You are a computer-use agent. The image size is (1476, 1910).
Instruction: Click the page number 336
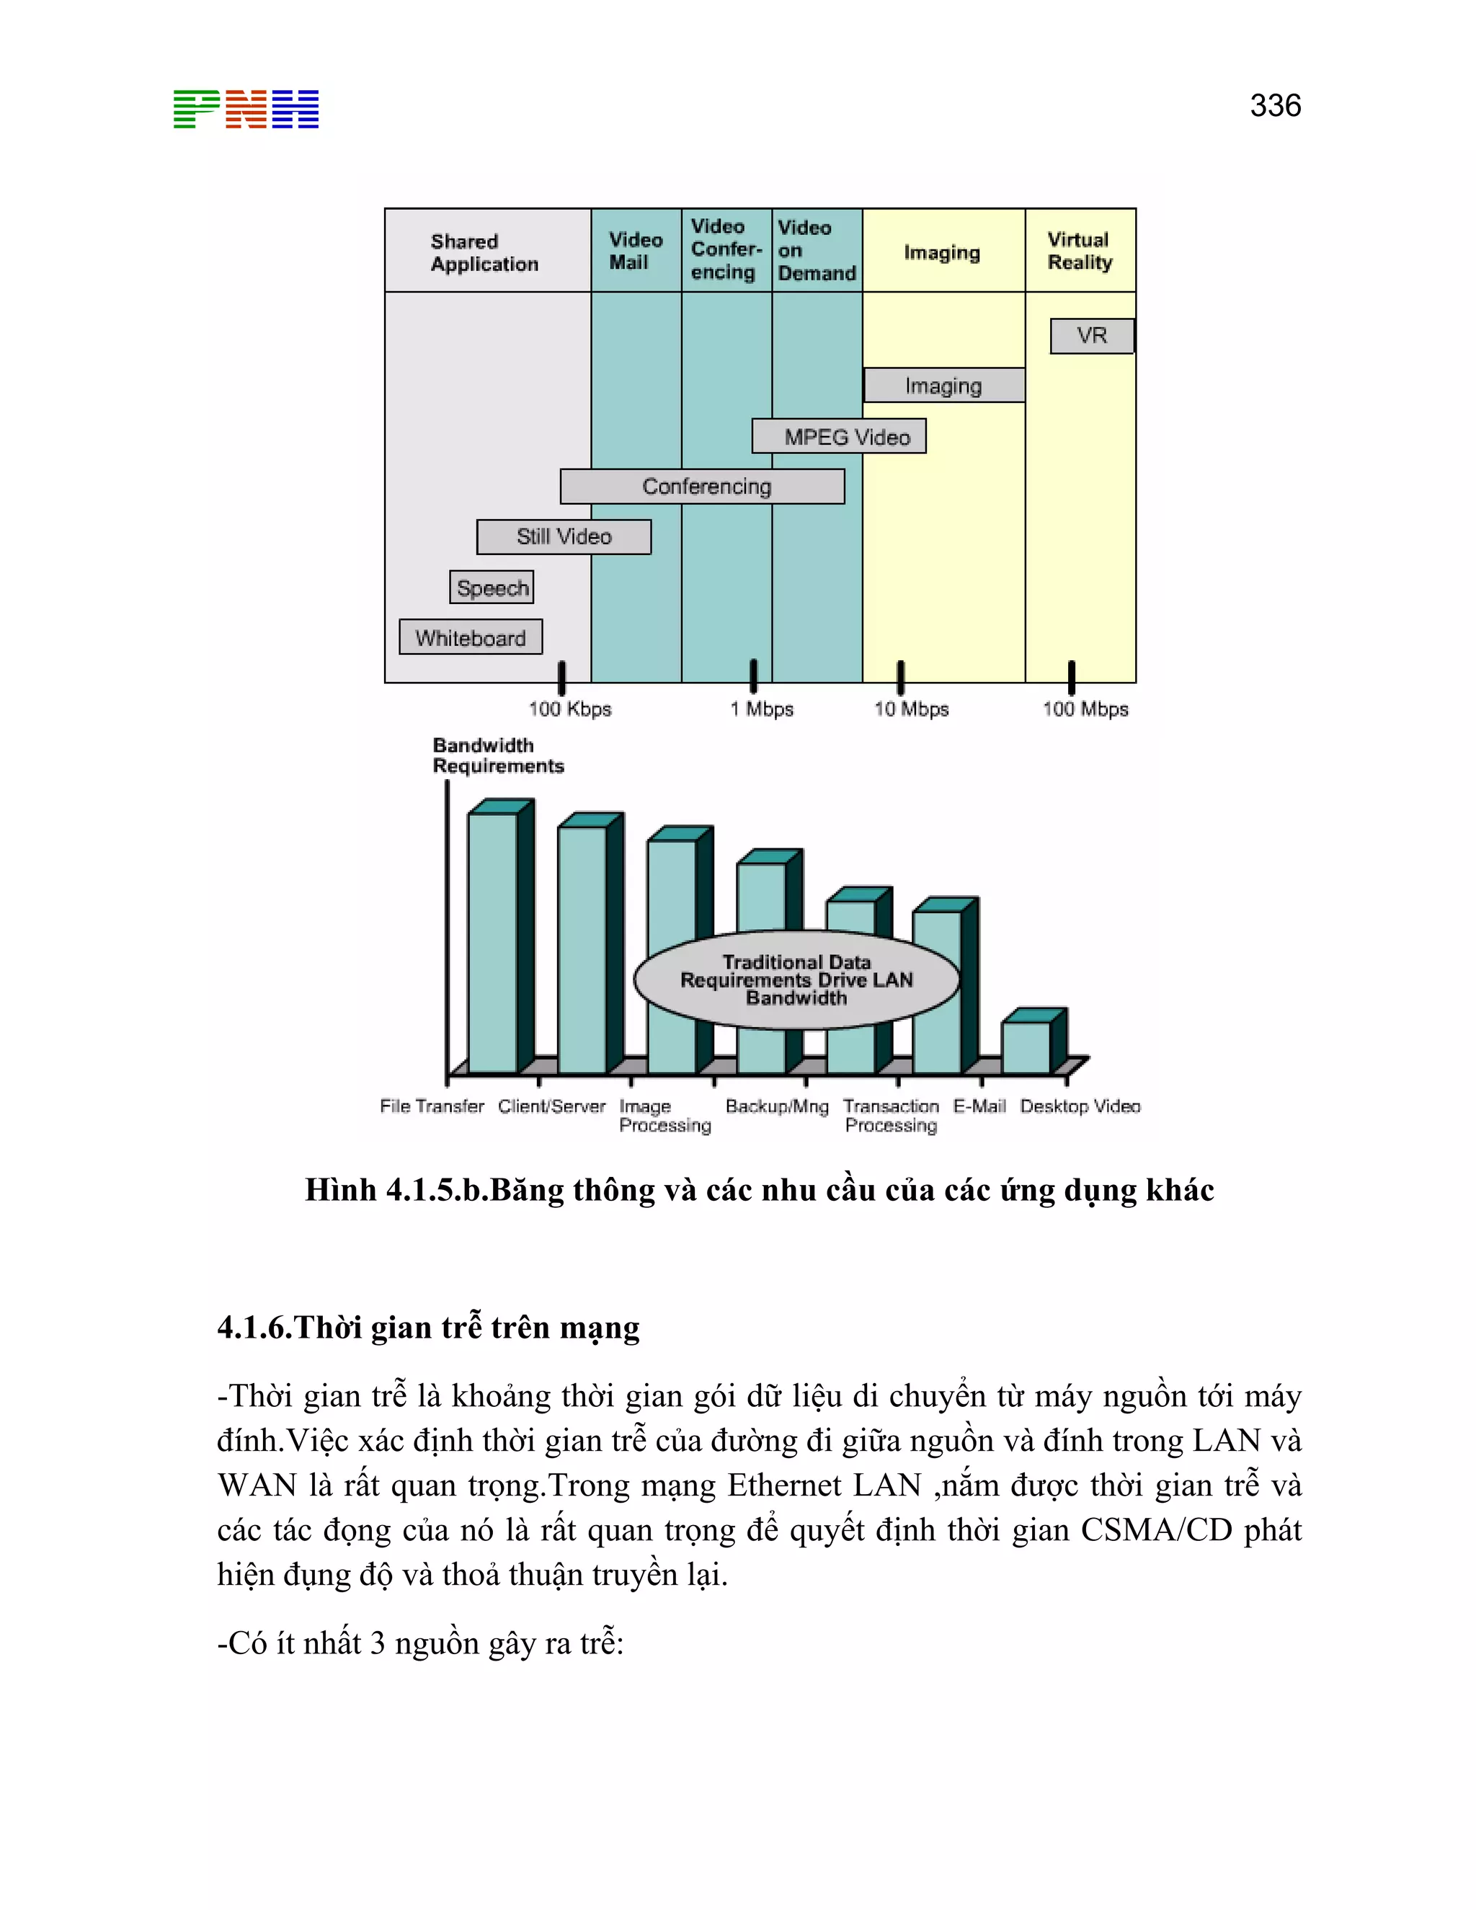pyautogui.click(x=1275, y=106)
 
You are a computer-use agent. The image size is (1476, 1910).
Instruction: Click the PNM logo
pyautogui.click(x=246, y=110)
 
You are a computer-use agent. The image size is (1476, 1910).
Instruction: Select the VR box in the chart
pyautogui.click(x=1091, y=336)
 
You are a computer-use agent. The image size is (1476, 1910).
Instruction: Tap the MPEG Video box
pyautogui.click(x=839, y=436)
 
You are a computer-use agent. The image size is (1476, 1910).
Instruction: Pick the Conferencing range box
pyautogui.click(x=702, y=487)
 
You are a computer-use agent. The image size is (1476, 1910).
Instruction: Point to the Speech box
pyautogui.click(x=492, y=587)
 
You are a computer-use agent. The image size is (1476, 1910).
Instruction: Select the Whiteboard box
pyautogui.click(x=471, y=638)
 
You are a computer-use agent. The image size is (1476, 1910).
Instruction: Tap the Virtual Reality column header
pyautogui.click(x=1079, y=251)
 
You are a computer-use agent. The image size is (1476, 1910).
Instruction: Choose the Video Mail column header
pyautogui.click(x=635, y=251)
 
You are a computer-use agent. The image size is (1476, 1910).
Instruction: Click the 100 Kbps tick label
pyautogui.click(x=569, y=709)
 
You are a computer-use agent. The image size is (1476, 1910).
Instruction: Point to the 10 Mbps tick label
pyautogui.click(x=911, y=709)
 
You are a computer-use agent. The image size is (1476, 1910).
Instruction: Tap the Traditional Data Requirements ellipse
pyautogui.click(x=796, y=980)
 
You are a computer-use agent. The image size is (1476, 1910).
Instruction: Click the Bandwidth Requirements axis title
pyautogui.click(x=497, y=755)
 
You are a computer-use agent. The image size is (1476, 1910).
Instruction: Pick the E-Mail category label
pyautogui.click(x=979, y=1106)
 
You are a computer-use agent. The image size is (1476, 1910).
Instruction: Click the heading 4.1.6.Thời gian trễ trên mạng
pyautogui.click(x=429, y=1328)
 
